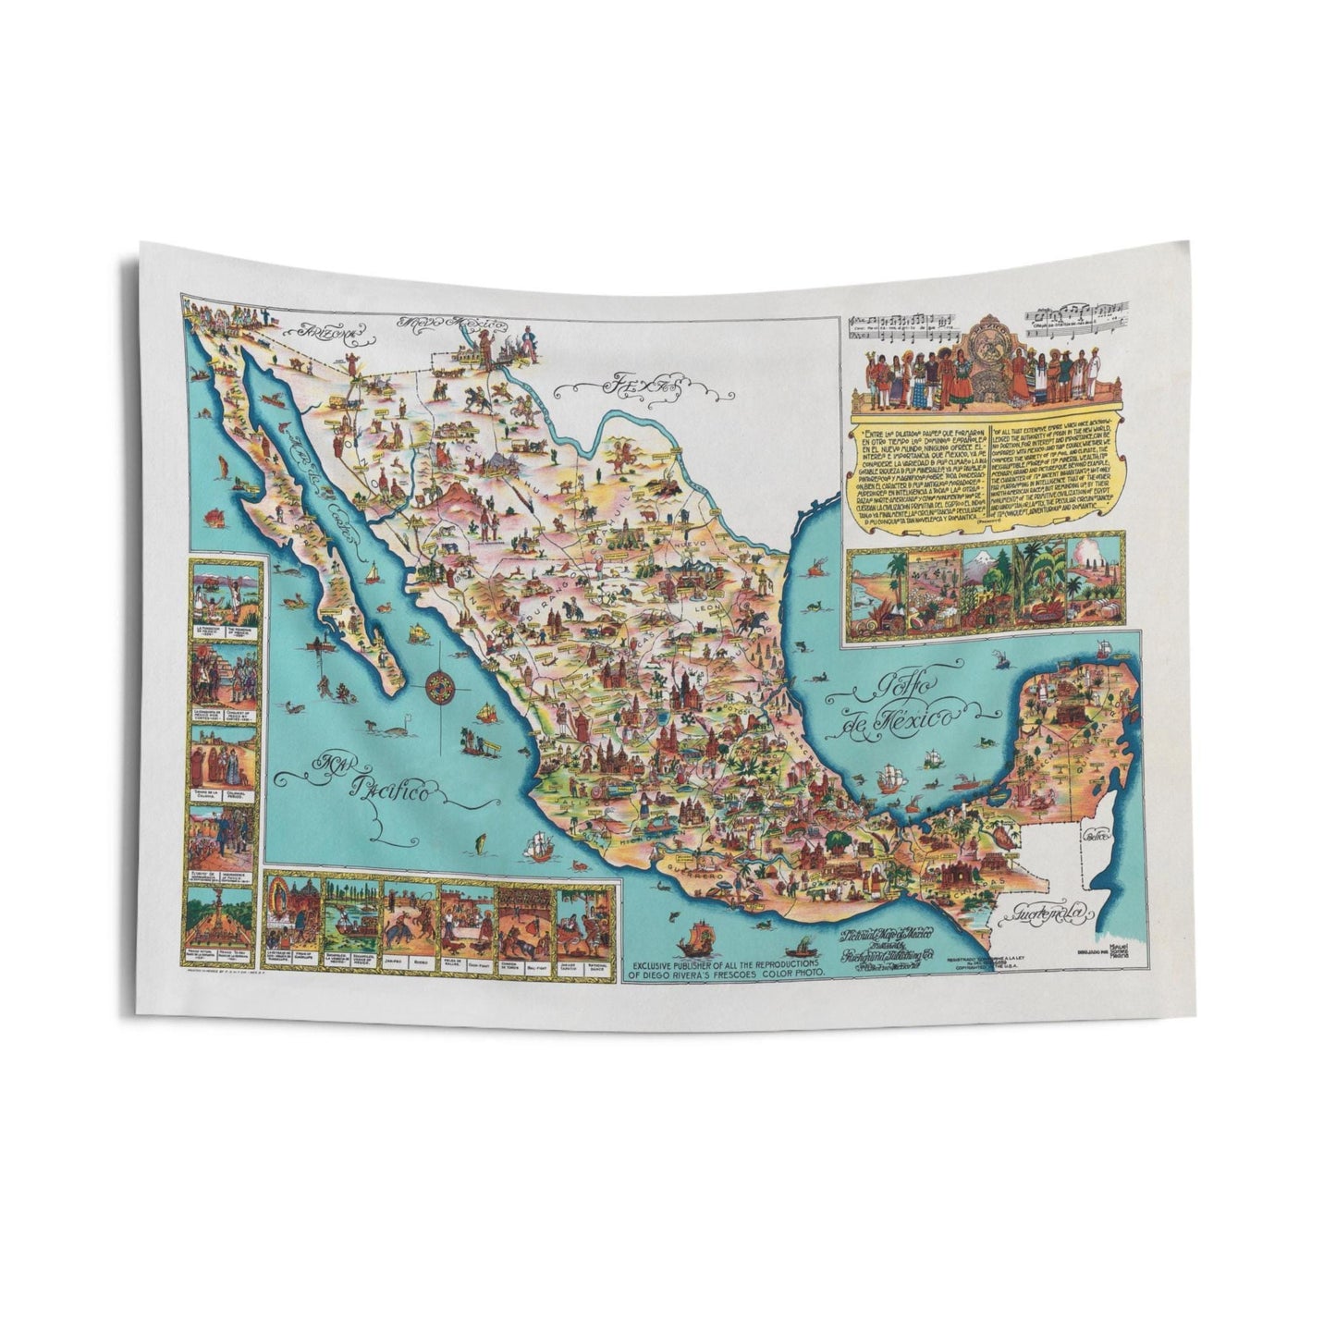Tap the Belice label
coord(1099,838)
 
